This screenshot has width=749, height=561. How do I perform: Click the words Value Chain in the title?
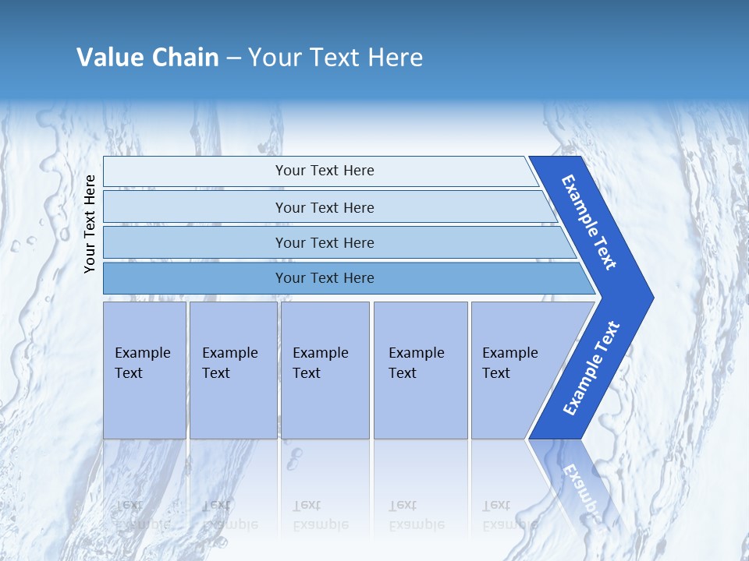click(147, 58)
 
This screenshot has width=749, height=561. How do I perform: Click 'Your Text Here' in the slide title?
click(335, 58)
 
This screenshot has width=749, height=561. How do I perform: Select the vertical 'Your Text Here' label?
click(90, 224)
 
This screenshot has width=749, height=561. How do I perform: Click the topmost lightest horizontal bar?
click(324, 171)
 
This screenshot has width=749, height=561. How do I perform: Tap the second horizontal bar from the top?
click(324, 207)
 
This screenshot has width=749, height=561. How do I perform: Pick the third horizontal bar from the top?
click(324, 242)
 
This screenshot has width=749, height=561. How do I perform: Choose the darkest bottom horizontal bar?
click(324, 278)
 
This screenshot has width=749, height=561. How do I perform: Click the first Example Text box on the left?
click(144, 370)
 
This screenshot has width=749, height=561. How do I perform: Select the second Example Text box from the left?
click(233, 370)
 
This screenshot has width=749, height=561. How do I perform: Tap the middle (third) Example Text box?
click(324, 370)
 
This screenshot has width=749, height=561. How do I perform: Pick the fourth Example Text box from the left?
click(420, 370)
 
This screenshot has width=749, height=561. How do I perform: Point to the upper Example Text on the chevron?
click(589, 222)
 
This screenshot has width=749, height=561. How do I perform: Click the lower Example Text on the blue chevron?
click(591, 368)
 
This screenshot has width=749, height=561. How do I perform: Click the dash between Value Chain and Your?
click(233, 58)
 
